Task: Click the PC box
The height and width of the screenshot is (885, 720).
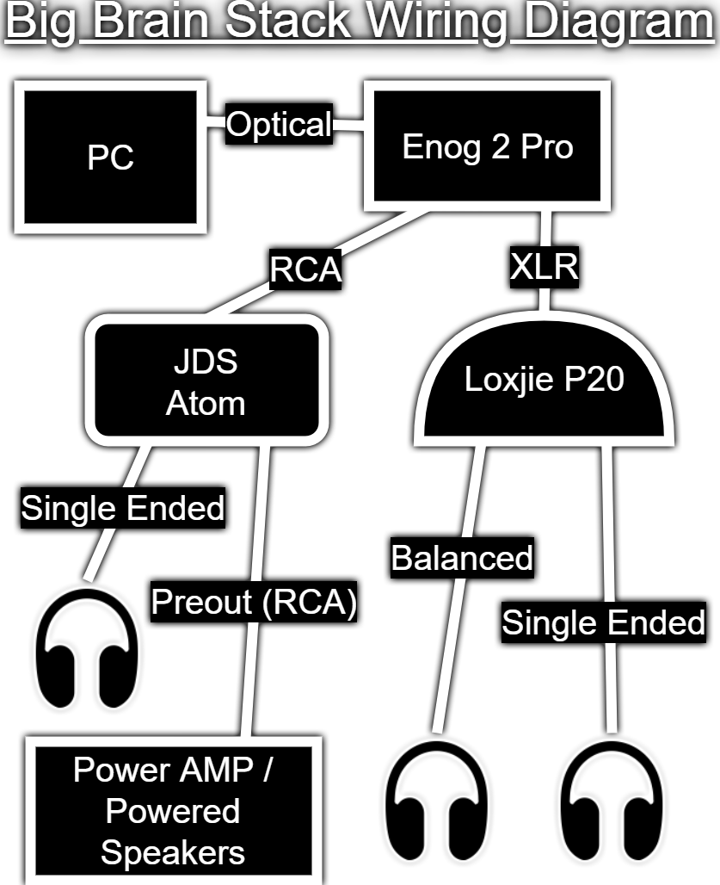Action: (110, 157)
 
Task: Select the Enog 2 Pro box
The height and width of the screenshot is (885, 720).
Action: (487, 146)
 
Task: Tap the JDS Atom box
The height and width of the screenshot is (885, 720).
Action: (206, 381)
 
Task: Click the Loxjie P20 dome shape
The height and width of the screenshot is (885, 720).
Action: (545, 384)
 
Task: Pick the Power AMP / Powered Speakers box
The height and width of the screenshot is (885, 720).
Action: (174, 810)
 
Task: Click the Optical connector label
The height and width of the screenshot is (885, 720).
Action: (279, 124)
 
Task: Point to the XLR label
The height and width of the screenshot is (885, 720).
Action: (545, 266)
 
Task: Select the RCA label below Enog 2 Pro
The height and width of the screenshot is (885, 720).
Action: (305, 269)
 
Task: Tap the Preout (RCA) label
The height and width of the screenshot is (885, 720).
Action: (254, 602)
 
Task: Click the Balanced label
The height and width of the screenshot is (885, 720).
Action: (462, 558)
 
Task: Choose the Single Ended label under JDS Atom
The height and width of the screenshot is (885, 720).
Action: (123, 508)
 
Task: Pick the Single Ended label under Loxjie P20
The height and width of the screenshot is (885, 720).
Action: (603, 622)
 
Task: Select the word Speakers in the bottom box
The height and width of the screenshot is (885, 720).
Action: (173, 853)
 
